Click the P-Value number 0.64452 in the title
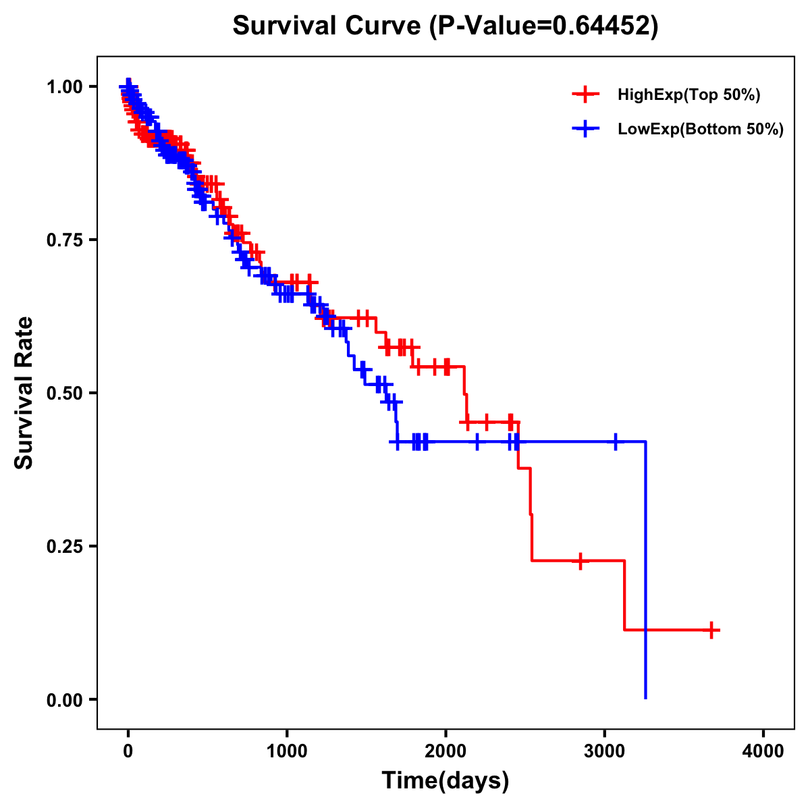click(x=602, y=26)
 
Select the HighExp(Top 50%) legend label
click(x=688, y=95)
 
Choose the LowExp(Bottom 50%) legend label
click(x=701, y=130)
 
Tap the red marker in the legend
click(x=585, y=94)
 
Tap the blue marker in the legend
click(x=585, y=129)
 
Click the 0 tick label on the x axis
click(x=128, y=751)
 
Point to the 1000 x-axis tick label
click(x=287, y=751)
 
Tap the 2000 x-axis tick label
click(x=446, y=751)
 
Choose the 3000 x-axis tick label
click(x=605, y=751)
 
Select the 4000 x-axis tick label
click(x=763, y=751)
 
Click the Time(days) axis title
click(x=446, y=781)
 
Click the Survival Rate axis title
click(x=24, y=393)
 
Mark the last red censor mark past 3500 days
click(x=711, y=630)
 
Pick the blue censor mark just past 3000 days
click(x=616, y=441)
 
